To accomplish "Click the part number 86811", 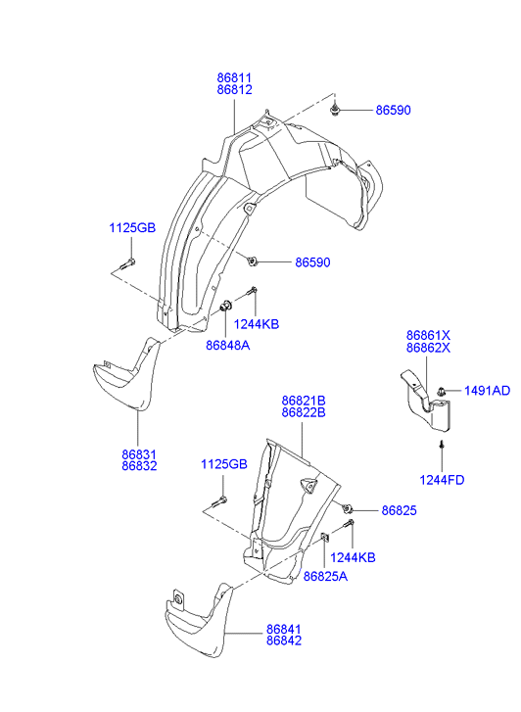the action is coord(234,78).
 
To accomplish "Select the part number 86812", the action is coord(234,90).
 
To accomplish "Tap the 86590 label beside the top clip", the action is coord(393,111).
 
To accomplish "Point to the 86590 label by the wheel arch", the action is coord(313,262).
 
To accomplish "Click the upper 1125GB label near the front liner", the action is coord(132,227).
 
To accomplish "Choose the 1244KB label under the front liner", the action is coord(257,324).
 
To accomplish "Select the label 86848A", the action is coord(227,346).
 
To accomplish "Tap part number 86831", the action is coord(139,454).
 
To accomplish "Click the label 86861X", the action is coord(428,336).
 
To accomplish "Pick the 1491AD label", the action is coord(487,391).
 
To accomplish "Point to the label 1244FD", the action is coord(442,480).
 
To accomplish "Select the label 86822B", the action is coord(304,412).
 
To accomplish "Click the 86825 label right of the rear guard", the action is coord(399,511).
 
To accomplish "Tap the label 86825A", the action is coord(325,577).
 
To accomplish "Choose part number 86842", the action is coord(283,641).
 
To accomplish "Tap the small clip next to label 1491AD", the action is coord(441,391).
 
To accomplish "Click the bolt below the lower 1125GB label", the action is coord(219,501).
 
